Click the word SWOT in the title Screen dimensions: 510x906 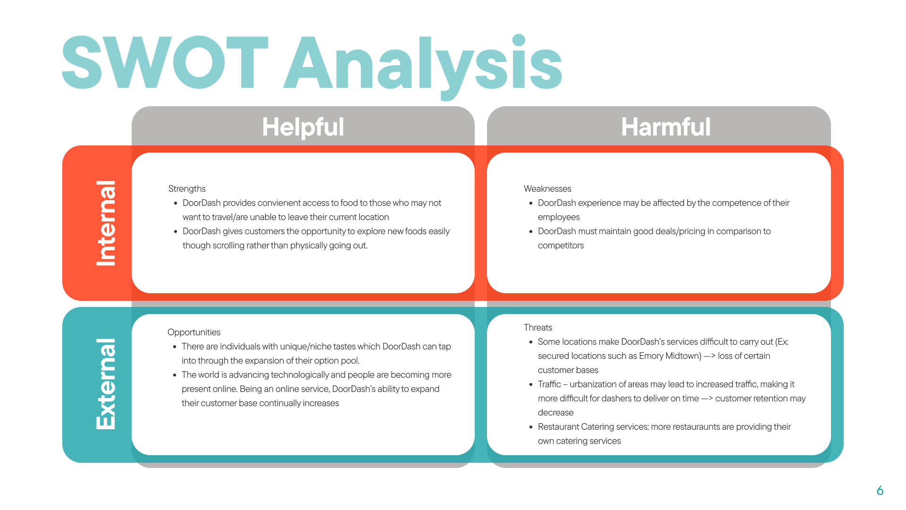(165, 63)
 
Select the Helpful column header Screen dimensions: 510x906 (303, 127)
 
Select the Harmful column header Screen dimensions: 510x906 (665, 127)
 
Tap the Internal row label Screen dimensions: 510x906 (106, 223)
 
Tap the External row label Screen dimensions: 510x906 (106, 384)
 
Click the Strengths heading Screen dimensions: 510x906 (187, 189)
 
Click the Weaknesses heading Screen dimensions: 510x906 (547, 189)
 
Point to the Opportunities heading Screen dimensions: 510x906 (194, 332)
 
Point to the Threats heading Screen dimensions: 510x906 (538, 328)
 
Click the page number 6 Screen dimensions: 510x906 (880, 491)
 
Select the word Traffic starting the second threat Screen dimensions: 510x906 (549, 384)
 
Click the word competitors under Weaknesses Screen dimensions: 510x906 (561, 246)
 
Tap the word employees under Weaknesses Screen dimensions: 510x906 (559, 217)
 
